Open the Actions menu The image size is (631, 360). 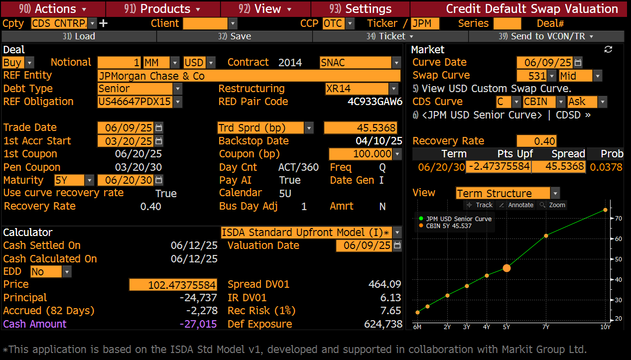point(53,9)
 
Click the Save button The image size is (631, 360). point(234,36)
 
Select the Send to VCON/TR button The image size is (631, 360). point(546,36)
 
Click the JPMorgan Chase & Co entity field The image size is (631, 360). point(249,76)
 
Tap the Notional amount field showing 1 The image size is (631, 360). point(120,63)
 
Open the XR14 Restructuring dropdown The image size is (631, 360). point(394,89)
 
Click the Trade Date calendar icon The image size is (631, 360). point(158,127)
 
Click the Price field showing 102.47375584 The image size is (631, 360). point(173,285)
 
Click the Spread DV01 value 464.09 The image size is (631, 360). point(384,284)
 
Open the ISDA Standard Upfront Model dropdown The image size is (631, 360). point(396,233)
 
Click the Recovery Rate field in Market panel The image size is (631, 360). point(536,141)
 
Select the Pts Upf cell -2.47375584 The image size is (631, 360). point(498,167)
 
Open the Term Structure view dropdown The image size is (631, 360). point(555,193)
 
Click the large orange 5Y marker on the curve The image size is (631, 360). point(506,268)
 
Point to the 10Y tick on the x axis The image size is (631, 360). point(605,327)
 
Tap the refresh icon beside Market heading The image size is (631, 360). point(608,49)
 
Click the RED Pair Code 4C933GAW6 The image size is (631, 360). point(375,102)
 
